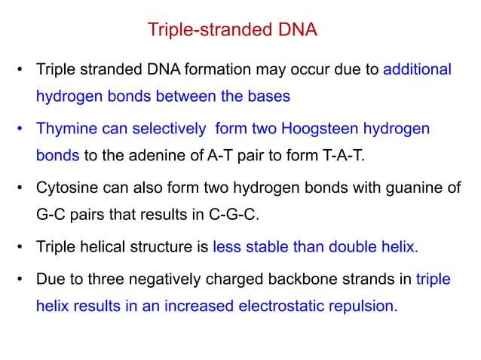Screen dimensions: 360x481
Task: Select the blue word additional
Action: click(418, 70)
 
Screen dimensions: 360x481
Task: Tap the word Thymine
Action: click(63, 129)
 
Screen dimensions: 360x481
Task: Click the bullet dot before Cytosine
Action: click(19, 188)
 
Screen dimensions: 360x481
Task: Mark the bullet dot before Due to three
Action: click(19, 279)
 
